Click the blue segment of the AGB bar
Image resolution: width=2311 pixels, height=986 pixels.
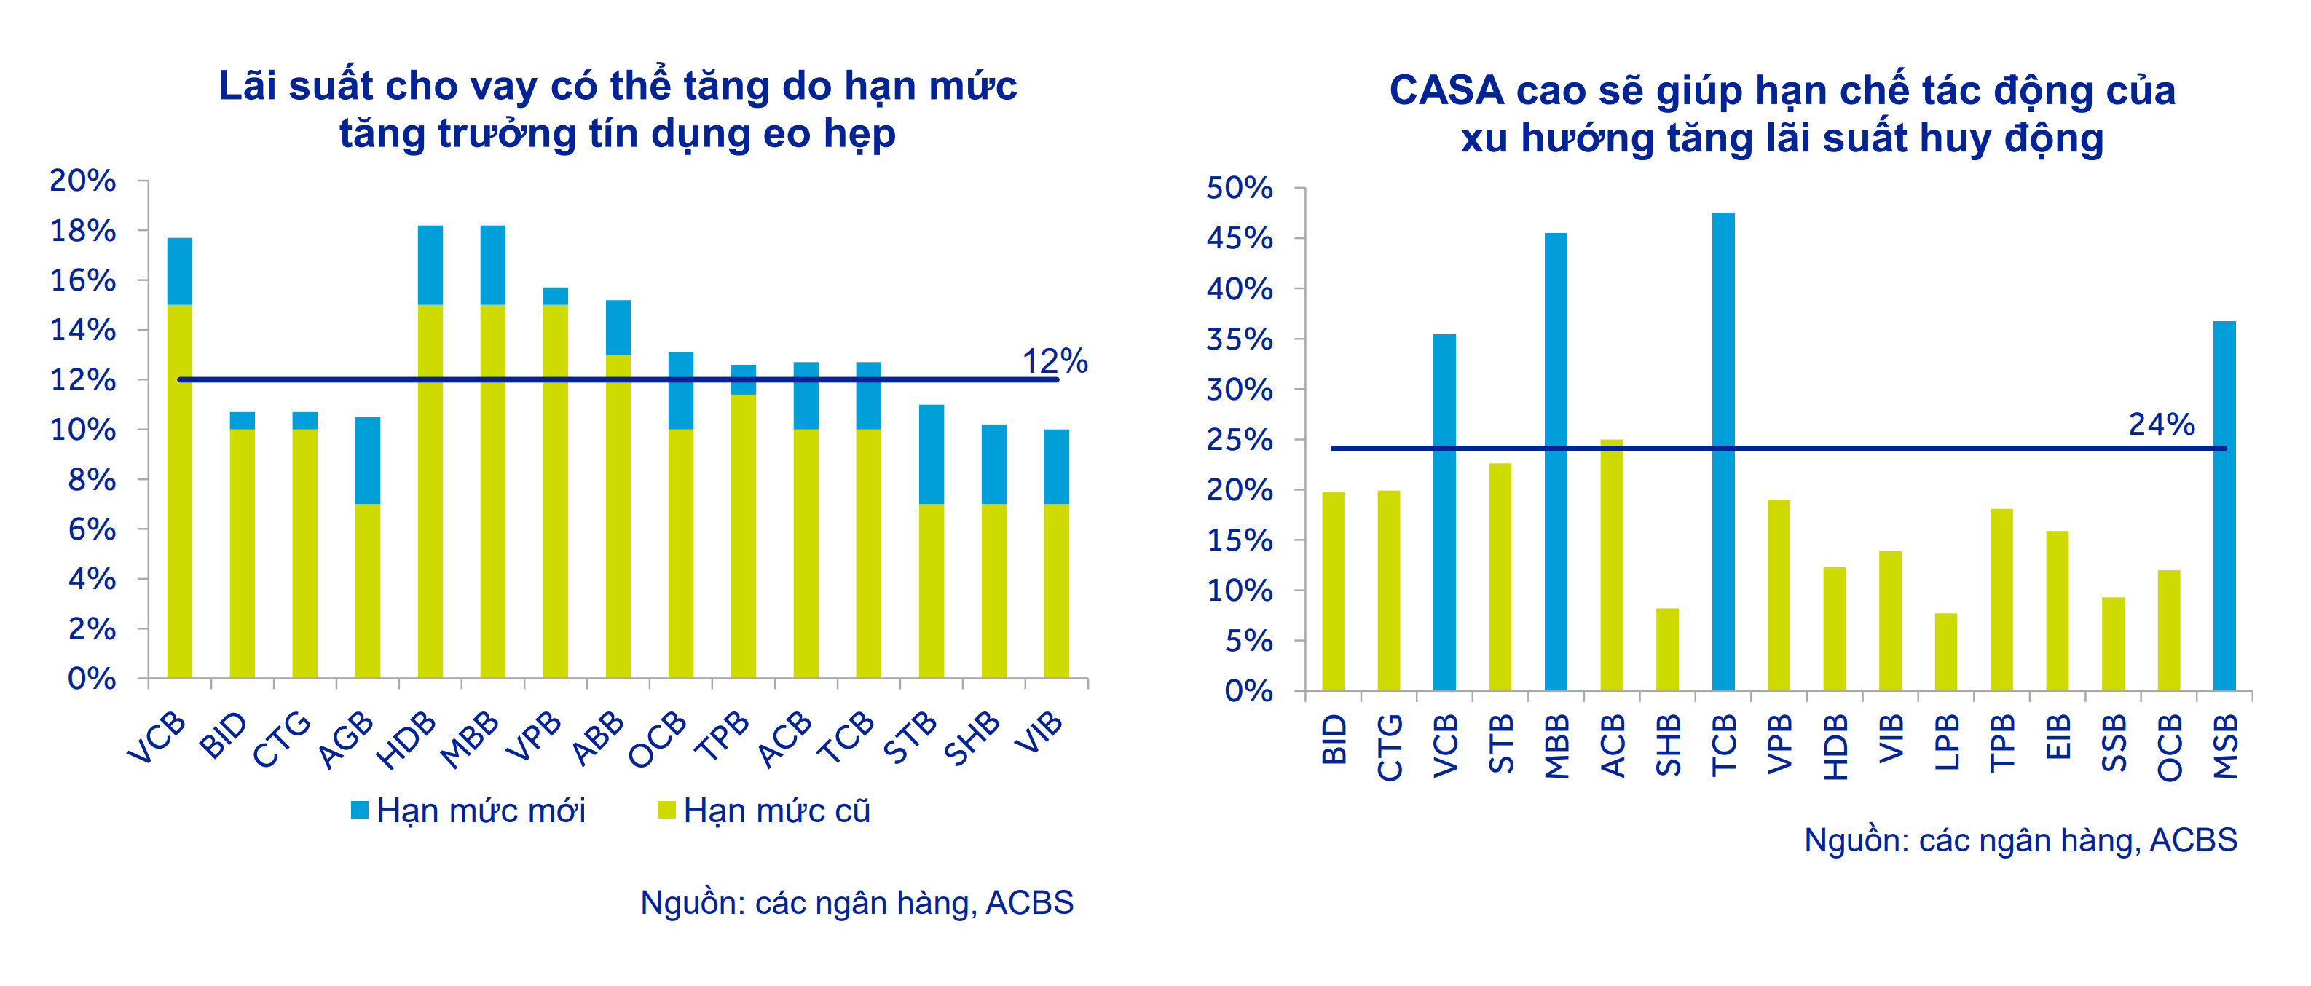(x=368, y=460)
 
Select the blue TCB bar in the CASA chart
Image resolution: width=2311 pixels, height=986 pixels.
(x=1723, y=449)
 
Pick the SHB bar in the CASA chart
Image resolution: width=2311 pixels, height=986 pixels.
(x=1667, y=649)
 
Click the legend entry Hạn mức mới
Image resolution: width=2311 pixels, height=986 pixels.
(x=468, y=811)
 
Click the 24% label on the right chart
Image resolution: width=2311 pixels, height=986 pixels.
(x=2160, y=424)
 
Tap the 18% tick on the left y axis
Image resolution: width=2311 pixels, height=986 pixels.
(x=82, y=231)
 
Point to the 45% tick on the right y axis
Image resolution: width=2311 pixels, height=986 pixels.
(x=1239, y=239)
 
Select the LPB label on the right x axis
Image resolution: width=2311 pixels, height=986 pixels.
(x=1946, y=743)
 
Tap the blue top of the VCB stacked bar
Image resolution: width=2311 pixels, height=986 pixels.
(x=179, y=271)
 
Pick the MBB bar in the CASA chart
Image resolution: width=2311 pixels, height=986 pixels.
(x=1556, y=461)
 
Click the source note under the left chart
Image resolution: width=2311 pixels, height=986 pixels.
(x=856, y=902)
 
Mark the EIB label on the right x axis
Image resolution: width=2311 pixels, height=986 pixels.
(x=2057, y=738)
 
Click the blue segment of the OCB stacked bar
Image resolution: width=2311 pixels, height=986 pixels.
(x=681, y=390)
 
